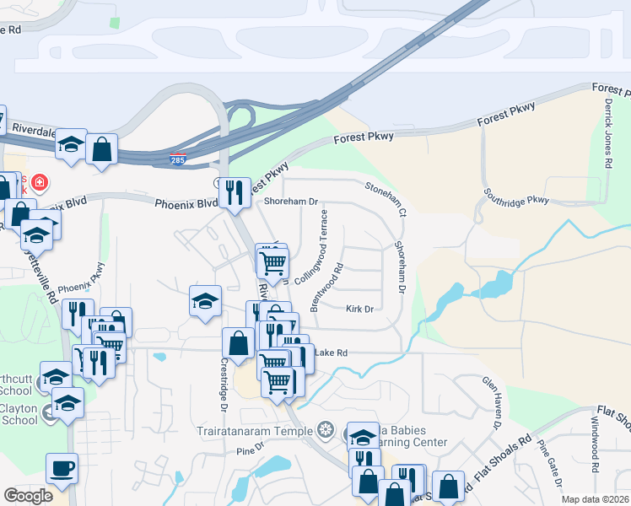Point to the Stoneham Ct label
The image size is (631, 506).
(386, 199)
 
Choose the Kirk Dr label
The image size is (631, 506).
(359, 310)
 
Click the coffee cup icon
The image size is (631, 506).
(62, 467)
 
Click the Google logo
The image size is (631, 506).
(28, 496)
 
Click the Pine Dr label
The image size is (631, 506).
(245, 451)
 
